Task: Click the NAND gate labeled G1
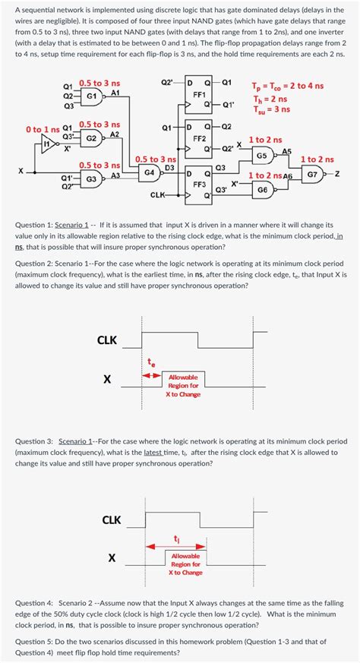(92, 96)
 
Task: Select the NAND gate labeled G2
(92, 138)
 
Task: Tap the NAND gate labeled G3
(92, 179)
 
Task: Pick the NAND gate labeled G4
(151, 172)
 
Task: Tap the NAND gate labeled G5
(262, 156)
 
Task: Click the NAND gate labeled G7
(312, 173)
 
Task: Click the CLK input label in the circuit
(157, 195)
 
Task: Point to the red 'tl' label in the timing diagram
(176, 538)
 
